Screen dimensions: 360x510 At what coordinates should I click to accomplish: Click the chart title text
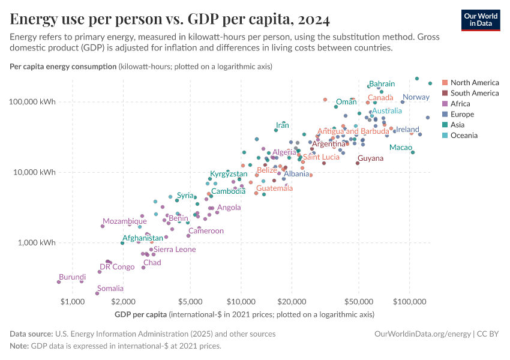point(170,20)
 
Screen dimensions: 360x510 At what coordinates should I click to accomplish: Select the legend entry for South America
point(474,93)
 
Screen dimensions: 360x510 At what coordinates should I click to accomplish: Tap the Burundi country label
point(72,277)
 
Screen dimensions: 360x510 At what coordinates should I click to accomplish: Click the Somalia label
point(110,289)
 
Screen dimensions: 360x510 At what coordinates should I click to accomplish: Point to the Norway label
point(416,97)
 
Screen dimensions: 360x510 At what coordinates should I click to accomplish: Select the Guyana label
point(370,158)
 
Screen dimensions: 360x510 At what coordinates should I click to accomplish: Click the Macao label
point(400,148)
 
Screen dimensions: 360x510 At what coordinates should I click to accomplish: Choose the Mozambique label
point(124,221)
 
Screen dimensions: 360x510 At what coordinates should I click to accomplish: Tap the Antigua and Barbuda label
point(353,131)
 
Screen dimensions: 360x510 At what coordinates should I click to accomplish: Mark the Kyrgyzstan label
point(229,174)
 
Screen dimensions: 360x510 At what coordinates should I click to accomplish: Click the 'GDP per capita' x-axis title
point(140,314)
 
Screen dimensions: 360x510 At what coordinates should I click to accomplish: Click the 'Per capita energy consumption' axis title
point(63,67)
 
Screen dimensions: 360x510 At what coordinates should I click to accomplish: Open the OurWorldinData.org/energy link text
point(422,334)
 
